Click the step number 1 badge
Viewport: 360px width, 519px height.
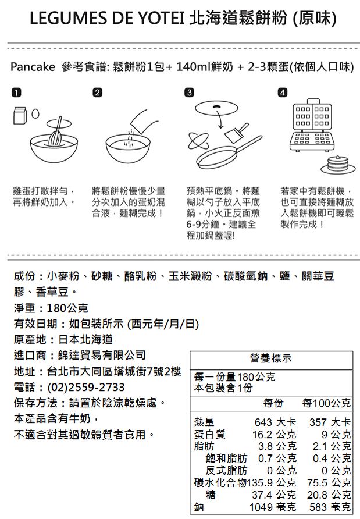pos(18,94)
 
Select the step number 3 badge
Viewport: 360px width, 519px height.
pos(188,94)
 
